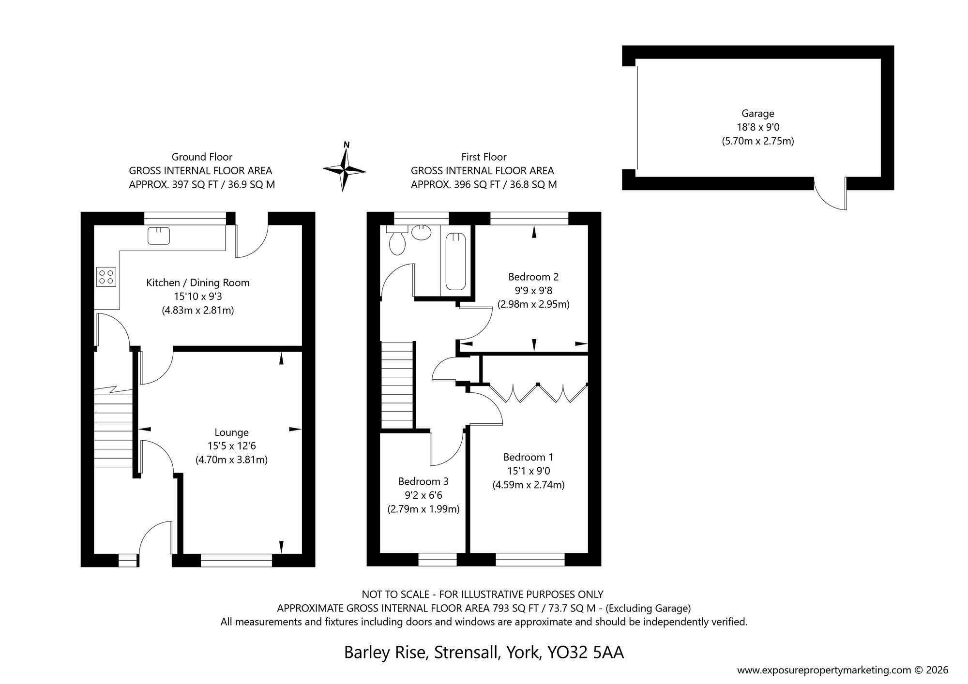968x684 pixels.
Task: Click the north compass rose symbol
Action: click(344, 170)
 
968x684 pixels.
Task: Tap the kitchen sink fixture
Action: click(159, 236)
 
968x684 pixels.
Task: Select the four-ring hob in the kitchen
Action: click(106, 277)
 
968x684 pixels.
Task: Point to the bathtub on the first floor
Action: click(455, 262)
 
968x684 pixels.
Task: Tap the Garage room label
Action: click(757, 114)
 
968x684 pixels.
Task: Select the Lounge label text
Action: click(231, 432)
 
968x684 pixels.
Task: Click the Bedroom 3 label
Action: click(423, 481)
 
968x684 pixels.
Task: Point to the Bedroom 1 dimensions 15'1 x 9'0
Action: click(528, 471)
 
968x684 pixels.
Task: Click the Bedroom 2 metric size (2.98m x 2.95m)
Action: click(533, 305)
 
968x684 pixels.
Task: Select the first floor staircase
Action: click(397, 385)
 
